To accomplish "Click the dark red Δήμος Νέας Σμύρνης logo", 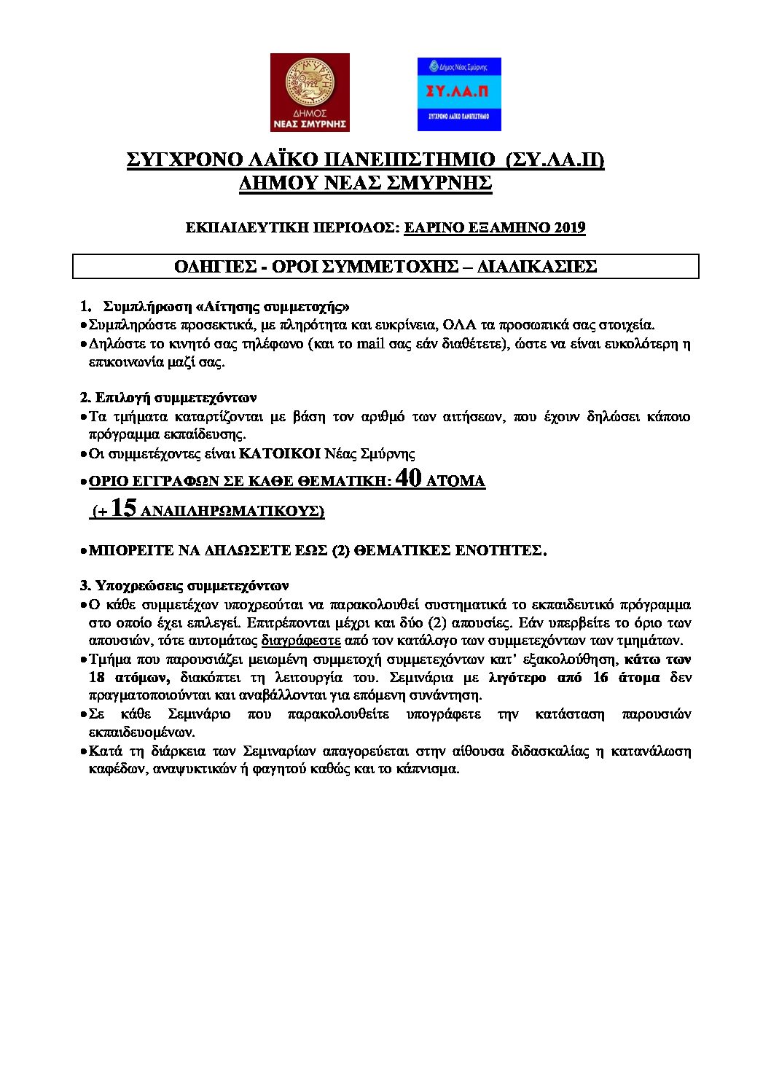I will [x=310, y=93].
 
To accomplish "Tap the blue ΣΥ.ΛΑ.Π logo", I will [x=459, y=94].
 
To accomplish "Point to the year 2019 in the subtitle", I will [x=570, y=228].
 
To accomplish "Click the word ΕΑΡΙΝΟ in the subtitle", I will [x=435, y=228].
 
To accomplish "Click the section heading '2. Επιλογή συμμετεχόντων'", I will [x=168, y=398].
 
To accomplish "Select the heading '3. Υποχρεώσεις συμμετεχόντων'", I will [x=184, y=585].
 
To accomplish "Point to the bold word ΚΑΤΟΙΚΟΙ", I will [x=281, y=454].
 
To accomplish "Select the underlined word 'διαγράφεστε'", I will [x=301, y=641].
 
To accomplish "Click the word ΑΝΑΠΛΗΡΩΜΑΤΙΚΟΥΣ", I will [x=232, y=512].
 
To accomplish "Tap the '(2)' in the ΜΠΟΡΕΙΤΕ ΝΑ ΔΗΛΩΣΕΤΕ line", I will [x=341, y=550].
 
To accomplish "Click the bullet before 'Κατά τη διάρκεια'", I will [x=83, y=751].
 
